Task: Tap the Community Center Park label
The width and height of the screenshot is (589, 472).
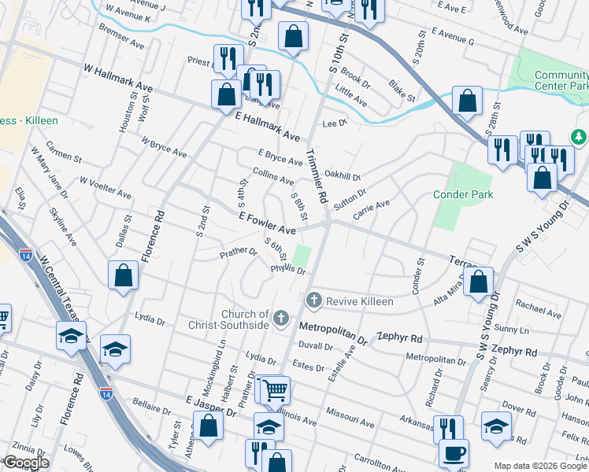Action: point(561,80)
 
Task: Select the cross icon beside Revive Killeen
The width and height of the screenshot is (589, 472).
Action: point(314,301)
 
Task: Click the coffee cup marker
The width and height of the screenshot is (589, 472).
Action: point(454,455)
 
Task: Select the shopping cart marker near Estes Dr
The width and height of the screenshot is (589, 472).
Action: point(274,389)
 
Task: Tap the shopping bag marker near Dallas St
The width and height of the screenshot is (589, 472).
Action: point(124,275)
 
